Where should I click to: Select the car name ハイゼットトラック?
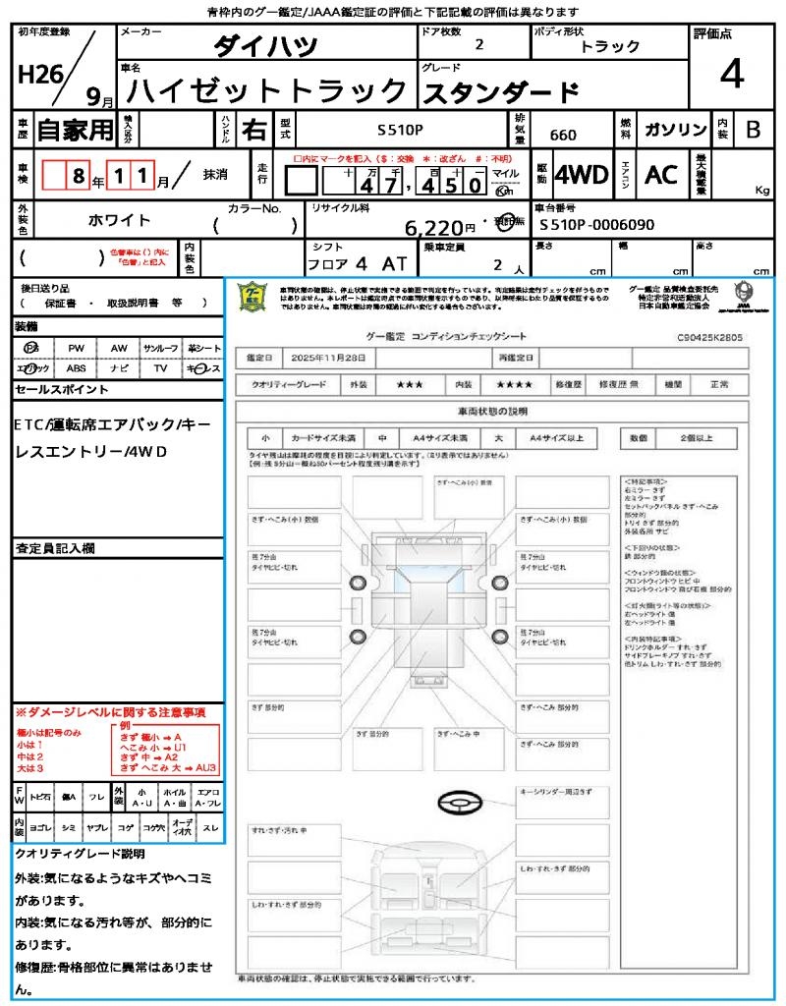[x=267, y=91]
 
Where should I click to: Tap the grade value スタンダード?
[x=500, y=93]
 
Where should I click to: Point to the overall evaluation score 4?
[x=731, y=74]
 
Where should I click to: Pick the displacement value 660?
[x=563, y=134]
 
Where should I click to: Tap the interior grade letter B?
[x=752, y=130]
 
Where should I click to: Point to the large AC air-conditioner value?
[x=661, y=175]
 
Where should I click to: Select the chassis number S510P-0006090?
[x=596, y=225]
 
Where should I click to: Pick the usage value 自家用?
[x=75, y=130]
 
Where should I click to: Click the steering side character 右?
[x=254, y=130]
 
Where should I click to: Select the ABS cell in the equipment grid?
[x=77, y=368]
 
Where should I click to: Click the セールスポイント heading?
[x=62, y=389]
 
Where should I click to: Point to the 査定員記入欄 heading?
[x=56, y=547]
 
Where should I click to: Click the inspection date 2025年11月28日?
[x=333, y=358]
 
